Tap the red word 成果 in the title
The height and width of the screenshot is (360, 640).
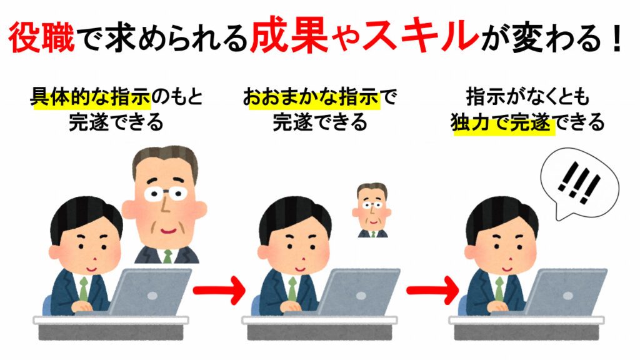[x=284, y=39]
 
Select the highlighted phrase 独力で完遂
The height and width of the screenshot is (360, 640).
[x=503, y=123]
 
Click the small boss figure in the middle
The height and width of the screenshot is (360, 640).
[x=372, y=210]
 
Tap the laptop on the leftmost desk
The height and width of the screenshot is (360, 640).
[x=156, y=291]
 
